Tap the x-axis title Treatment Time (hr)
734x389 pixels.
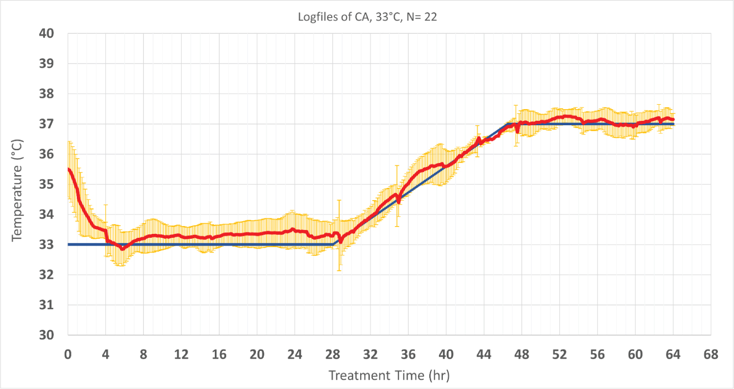pos(389,376)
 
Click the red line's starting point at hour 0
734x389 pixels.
pos(69,169)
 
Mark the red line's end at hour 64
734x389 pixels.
pos(673,119)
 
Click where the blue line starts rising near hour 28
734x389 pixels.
pos(333,244)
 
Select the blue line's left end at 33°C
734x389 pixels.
pos(69,244)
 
